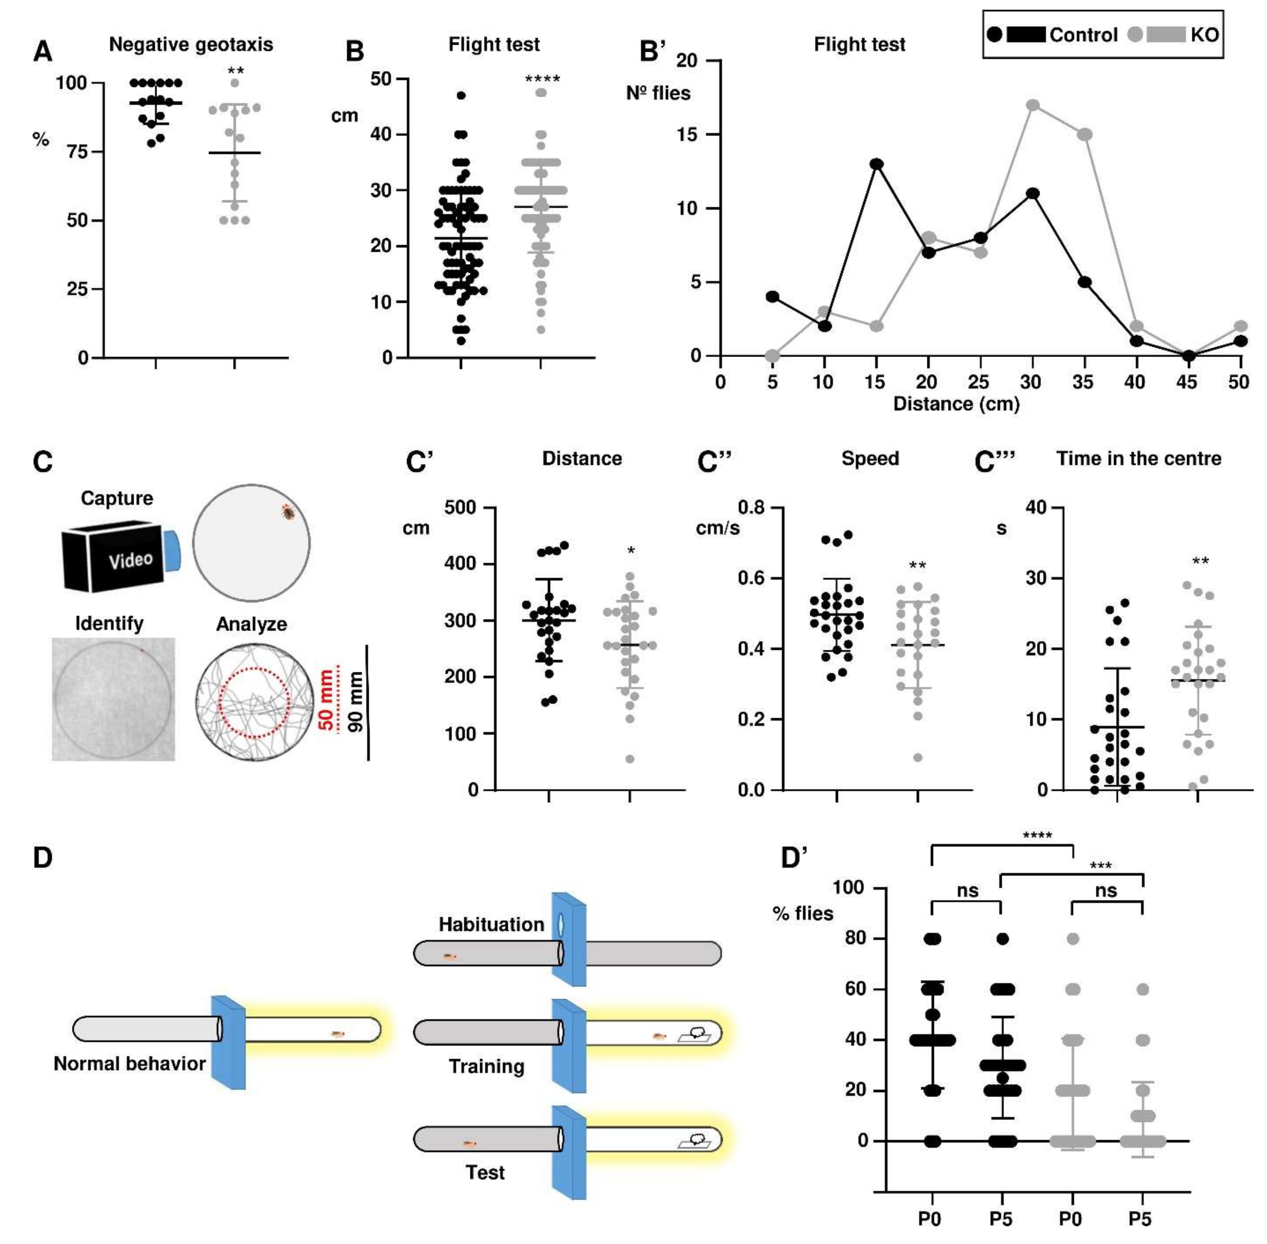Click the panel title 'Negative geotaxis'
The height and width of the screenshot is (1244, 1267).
coord(191,45)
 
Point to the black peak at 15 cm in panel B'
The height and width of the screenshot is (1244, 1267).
coord(876,164)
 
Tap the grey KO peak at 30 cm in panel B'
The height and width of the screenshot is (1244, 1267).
coord(1032,105)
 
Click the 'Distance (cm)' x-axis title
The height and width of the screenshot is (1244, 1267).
coord(956,404)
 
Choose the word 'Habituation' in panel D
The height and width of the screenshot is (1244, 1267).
coord(491,924)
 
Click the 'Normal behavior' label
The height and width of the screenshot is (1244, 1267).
coord(129,1064)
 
